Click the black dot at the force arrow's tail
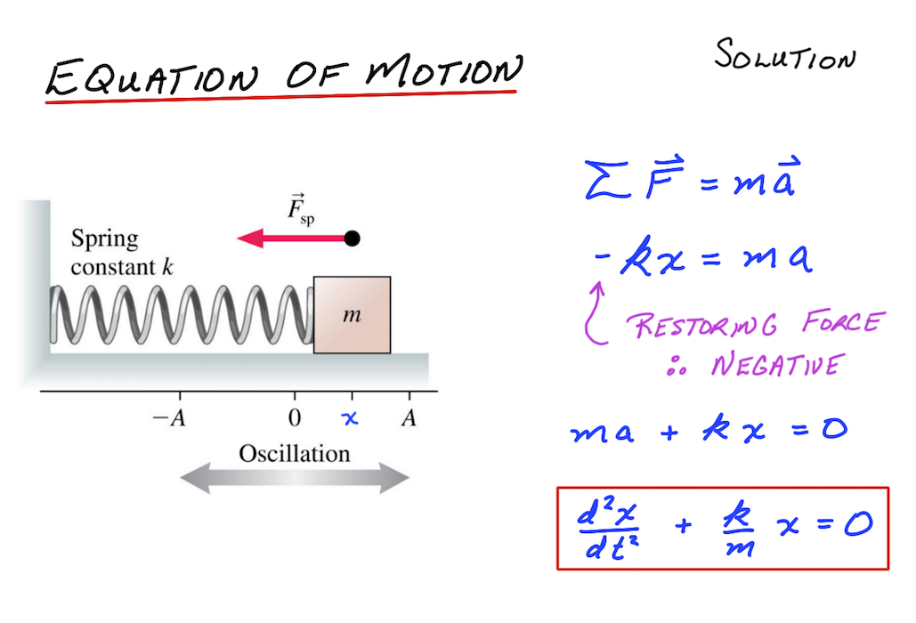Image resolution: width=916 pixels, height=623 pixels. (x=353, y=239)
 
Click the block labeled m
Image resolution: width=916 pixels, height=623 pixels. (x=353, y=315)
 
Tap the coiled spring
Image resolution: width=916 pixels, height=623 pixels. (x=178, y=315)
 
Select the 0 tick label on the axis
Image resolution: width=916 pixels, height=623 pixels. (x=295, y=418)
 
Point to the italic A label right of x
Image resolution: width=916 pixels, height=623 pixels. (x=409, y=418)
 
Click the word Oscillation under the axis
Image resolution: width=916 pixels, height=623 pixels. (x=295, y=454)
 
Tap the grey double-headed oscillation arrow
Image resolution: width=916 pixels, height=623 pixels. (x=295, y=480)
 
